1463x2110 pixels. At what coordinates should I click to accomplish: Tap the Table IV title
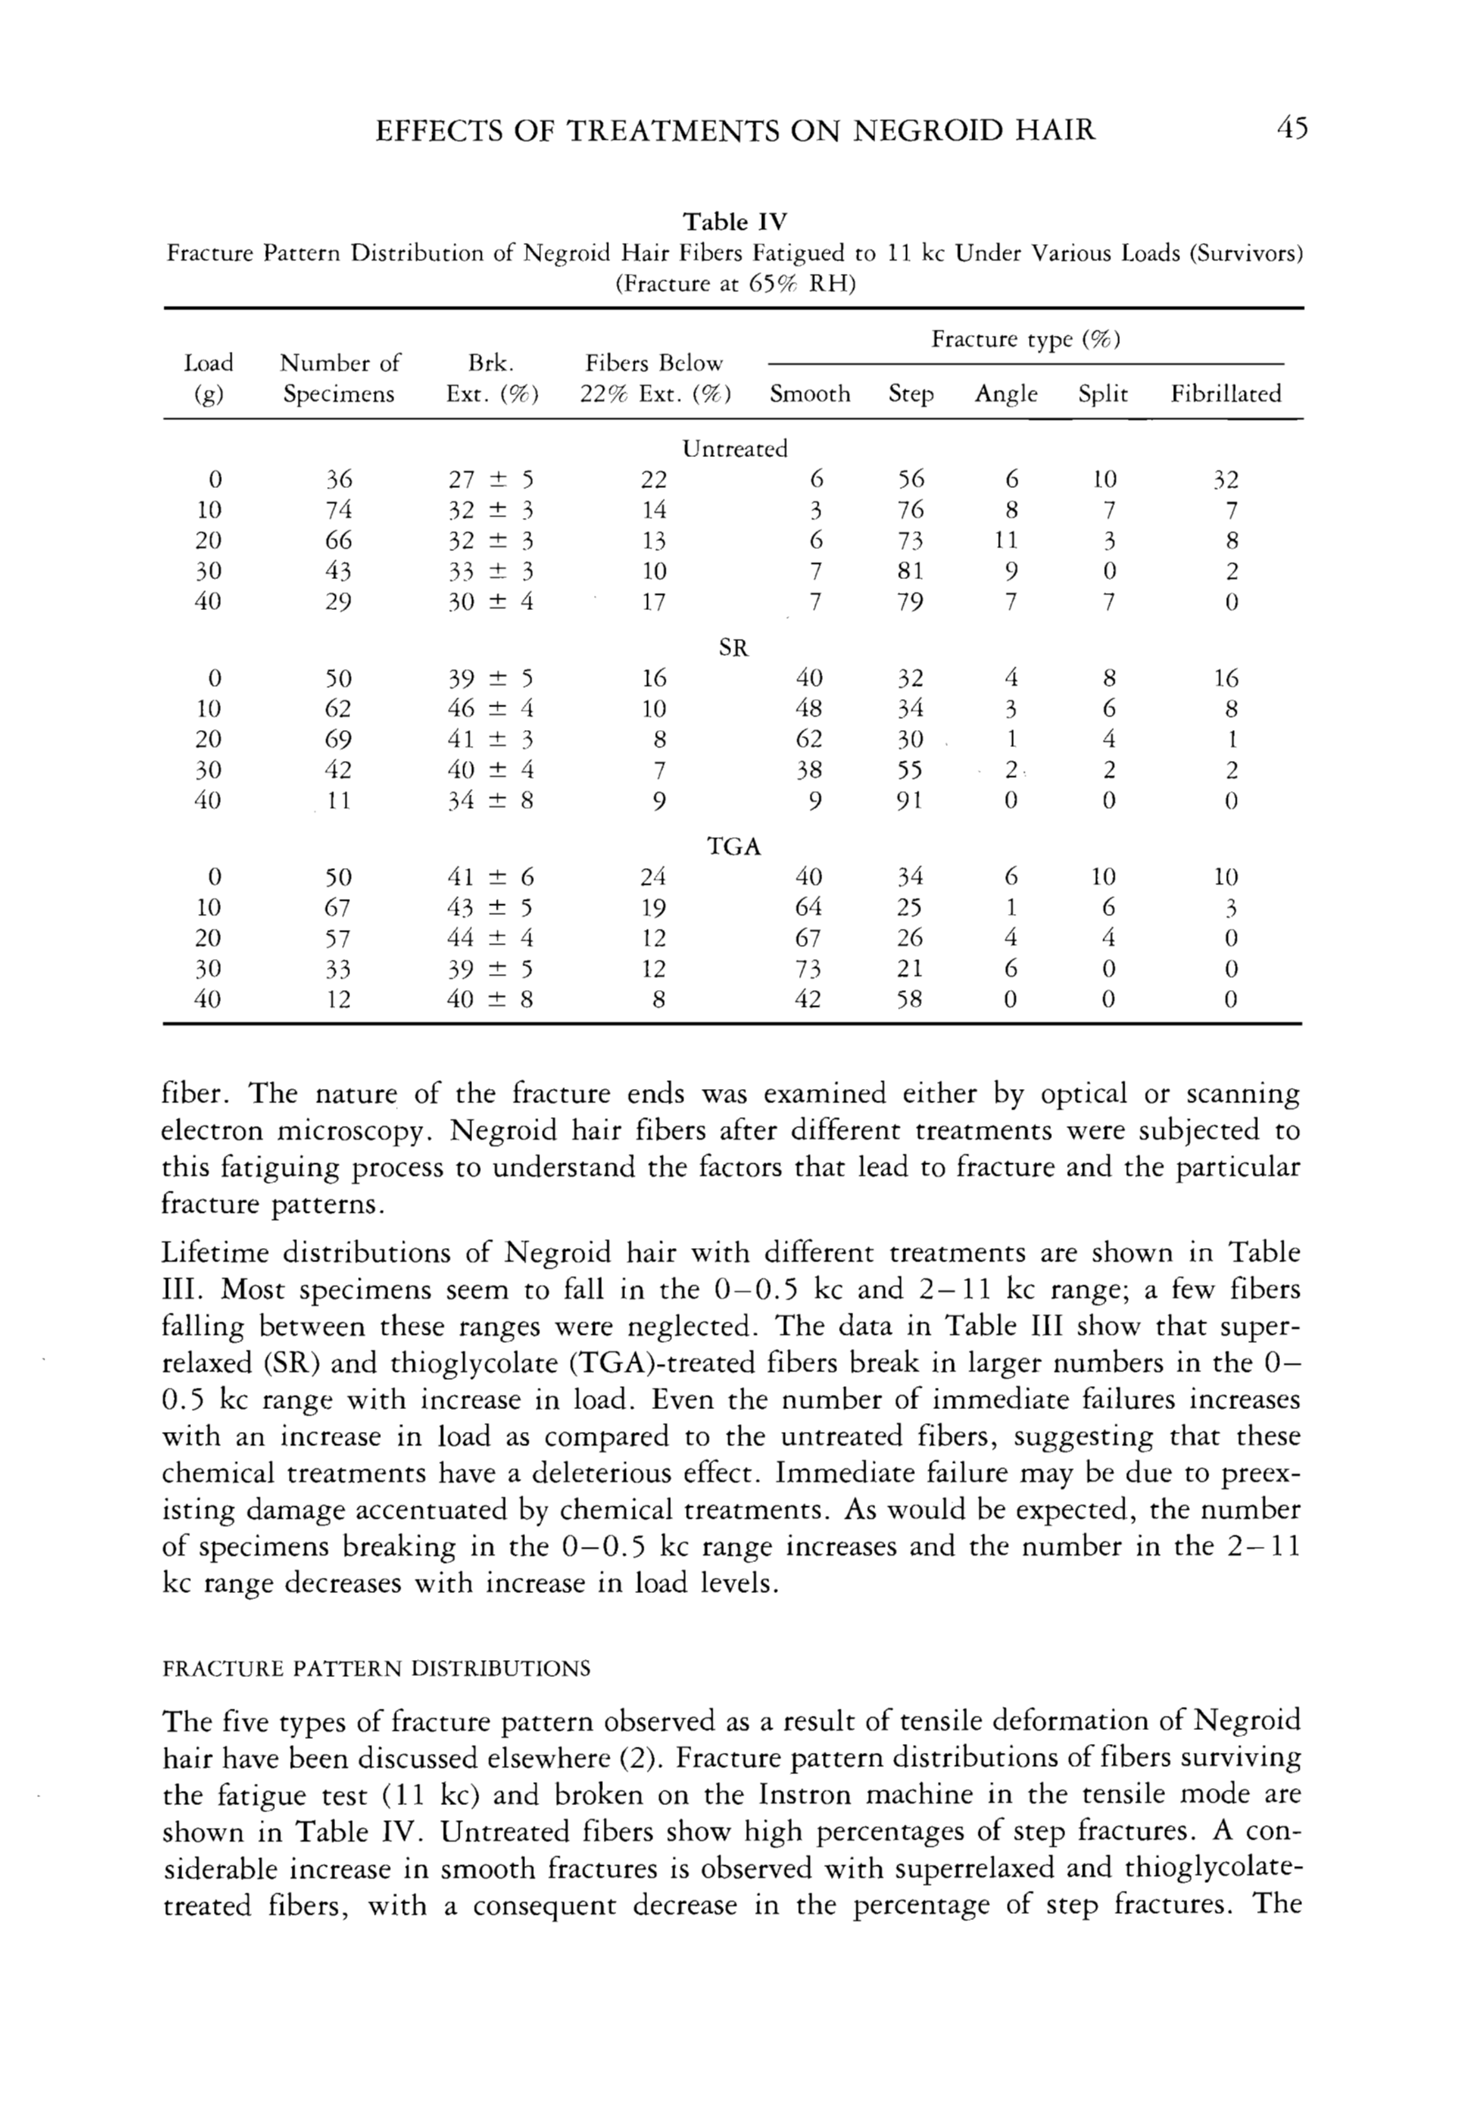[x=735, y=222]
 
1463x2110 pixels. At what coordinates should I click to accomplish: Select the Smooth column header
[x=810, y=394]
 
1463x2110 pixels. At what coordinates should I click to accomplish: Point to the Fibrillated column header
[x=1225, y=394]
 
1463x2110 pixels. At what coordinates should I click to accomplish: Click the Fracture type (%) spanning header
[x=1025, y=339]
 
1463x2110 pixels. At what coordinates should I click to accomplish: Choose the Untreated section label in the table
[x=735, y=448]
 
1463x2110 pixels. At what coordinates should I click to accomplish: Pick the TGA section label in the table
[x=735, y=846]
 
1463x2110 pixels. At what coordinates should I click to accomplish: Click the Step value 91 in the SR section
[x=909, y=801]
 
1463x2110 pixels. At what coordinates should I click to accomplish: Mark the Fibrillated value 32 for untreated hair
[x=1225, y=479]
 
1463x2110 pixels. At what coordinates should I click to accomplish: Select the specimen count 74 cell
[x=339, y=510]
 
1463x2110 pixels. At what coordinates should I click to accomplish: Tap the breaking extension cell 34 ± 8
[x=490, y=801]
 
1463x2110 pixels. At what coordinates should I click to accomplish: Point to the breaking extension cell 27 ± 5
[x=490, y=479]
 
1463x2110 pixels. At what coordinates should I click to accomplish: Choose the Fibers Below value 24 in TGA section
[x=652, y=877]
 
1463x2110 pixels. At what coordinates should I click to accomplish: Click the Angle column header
[x=1006, y=394]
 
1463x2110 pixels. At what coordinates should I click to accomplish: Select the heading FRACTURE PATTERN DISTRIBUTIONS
[x=376, y=1668]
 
